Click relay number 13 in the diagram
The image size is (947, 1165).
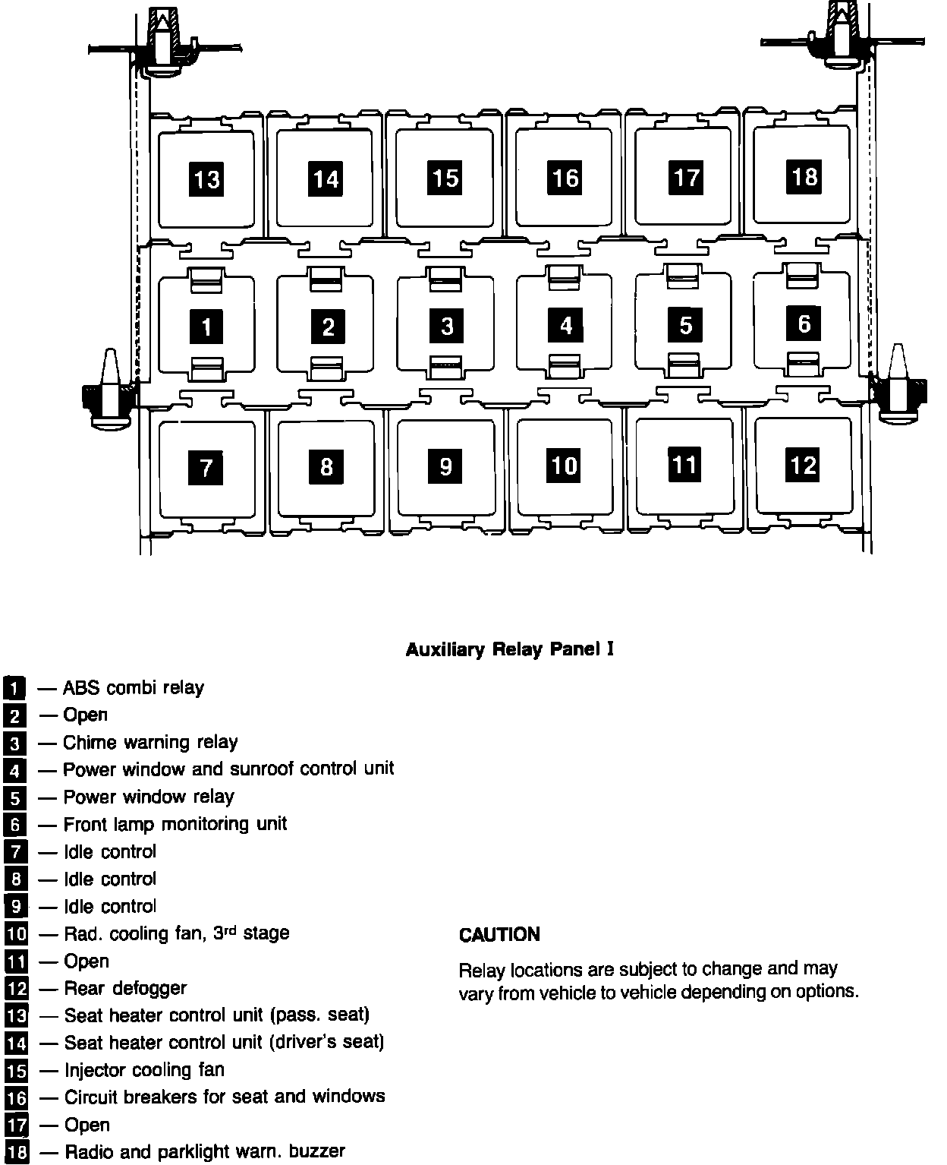(x=206, y=179)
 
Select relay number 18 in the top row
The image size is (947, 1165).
(x=804, y=176)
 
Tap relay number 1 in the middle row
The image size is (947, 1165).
(x=206, y=327)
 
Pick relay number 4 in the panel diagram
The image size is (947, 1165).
(x=565, y=325)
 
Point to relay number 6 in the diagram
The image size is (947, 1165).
(x=804, y=324)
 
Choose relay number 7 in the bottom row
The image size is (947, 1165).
(x=206, y=466)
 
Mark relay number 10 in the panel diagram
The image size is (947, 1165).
(x=565, y=465)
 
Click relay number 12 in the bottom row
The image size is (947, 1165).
(x=804, y=464)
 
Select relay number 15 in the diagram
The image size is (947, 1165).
(x=445, y=178)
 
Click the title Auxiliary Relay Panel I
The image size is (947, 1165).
(x=509, y=649)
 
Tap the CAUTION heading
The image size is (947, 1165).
(x=499, y=934)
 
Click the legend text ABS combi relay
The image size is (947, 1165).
(x=134, y=688)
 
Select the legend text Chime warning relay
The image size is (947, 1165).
(x=150, y=742)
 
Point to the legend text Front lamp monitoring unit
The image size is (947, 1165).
(x=175, y=824)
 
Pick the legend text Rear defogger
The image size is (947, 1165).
(x=125, y=988)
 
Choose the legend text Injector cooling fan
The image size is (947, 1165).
(x=144, y=1070)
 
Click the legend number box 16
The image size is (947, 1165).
(x=16, y=1098)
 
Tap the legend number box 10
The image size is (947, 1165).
(x=16, y=933)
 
